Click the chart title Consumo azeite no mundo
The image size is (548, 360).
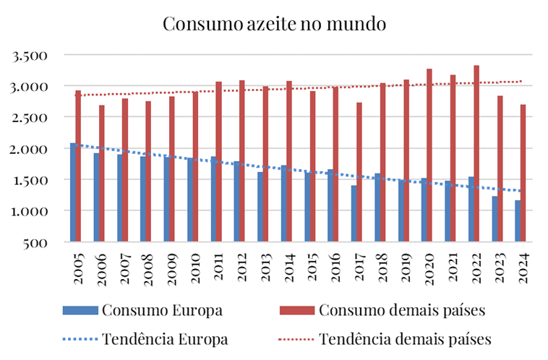275,23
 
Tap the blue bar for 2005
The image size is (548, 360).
73,192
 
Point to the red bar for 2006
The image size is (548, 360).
102,173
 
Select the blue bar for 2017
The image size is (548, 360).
354,213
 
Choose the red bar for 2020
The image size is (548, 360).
429,155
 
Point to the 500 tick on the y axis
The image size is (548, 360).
36,243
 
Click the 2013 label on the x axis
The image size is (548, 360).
265,269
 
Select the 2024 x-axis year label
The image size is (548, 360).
523,269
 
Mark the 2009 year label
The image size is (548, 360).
171,269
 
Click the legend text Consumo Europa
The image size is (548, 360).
162,310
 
